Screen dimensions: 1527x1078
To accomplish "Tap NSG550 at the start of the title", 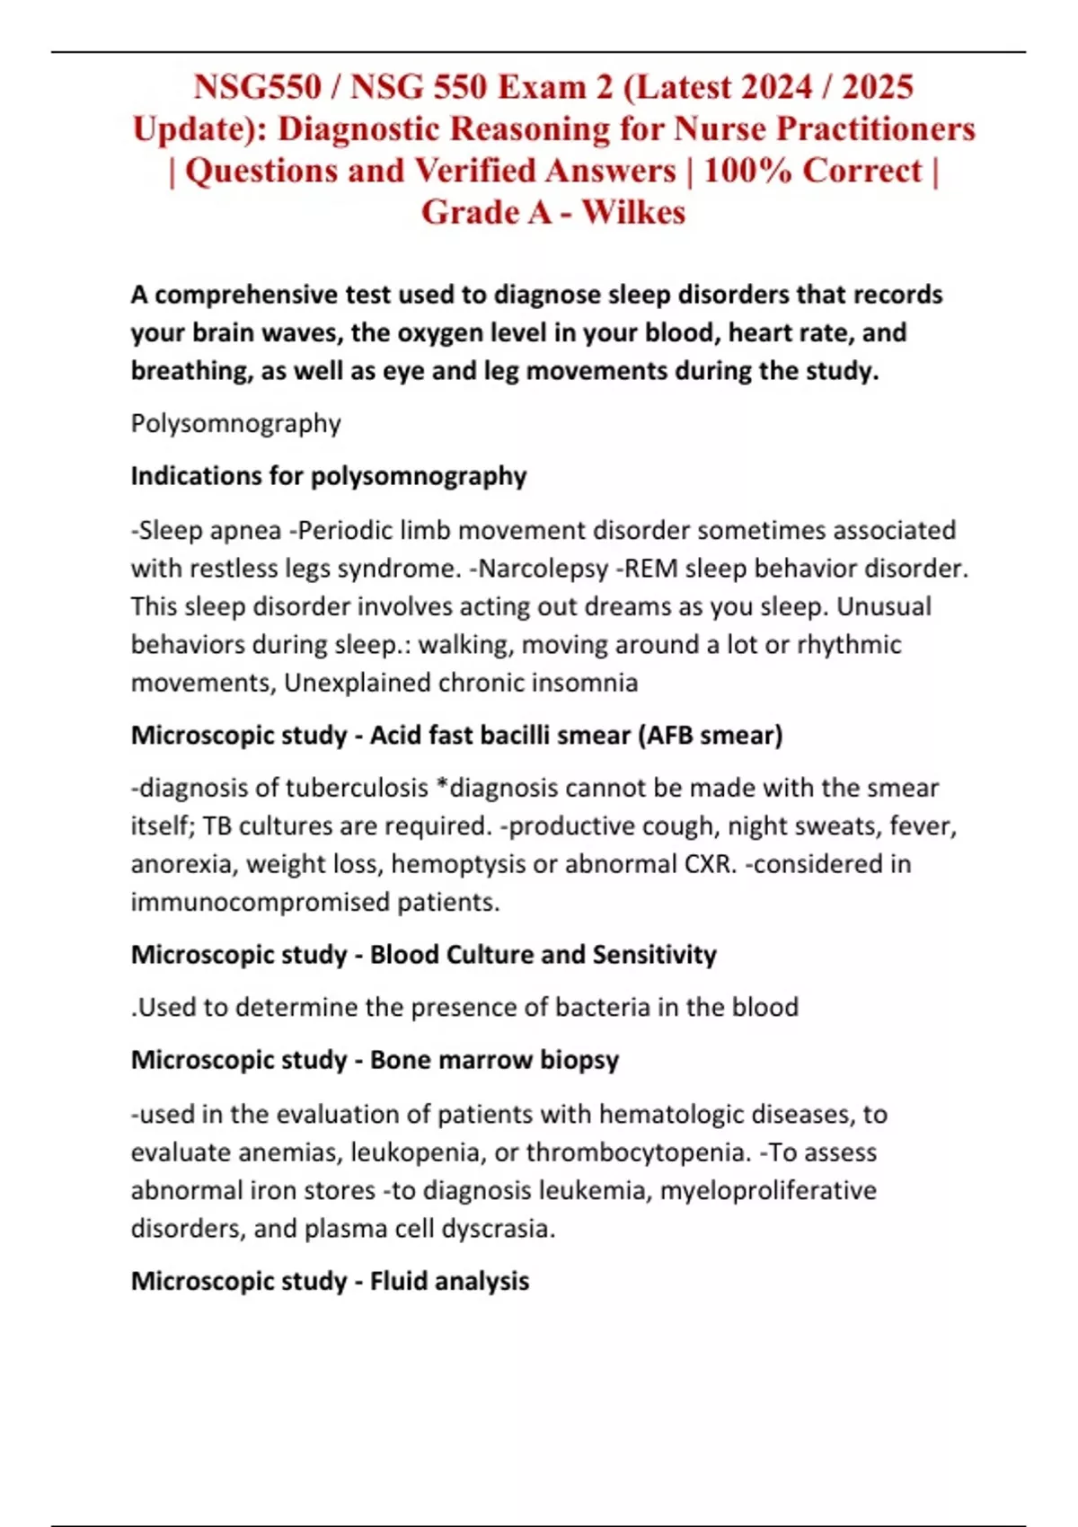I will point(257,87).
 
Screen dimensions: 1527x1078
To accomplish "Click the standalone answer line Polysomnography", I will point(235,423).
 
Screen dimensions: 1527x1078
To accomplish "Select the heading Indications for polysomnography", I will point(328,476).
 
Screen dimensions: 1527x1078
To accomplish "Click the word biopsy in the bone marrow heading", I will point(579,1060).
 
